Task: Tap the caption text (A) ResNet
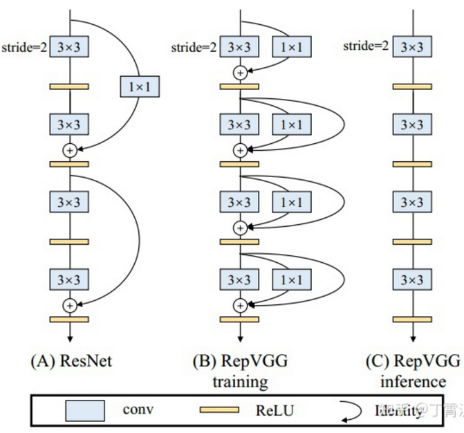point(71,361)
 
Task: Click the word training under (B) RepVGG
point(239,380)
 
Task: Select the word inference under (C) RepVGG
point(413,380)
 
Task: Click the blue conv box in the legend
point(84,410)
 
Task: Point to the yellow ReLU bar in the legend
point(220,411)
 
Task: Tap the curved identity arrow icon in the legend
point(349,411)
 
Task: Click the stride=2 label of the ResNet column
point(23,48)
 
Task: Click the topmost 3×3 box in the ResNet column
point(69,48)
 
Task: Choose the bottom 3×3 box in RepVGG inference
point(413,280)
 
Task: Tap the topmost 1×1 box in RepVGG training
point(293,48)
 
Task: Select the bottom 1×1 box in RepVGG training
point(293,280)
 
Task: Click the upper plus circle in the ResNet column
point(69,149)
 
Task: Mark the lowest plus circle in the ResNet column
point(69,304)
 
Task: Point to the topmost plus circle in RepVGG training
point(240,72)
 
